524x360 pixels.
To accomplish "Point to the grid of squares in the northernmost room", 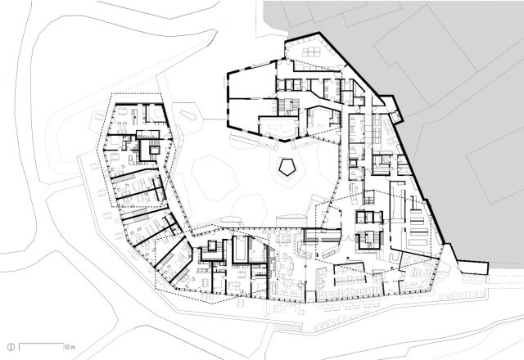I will point(312,53).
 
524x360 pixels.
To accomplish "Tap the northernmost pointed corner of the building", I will point(288,38).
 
